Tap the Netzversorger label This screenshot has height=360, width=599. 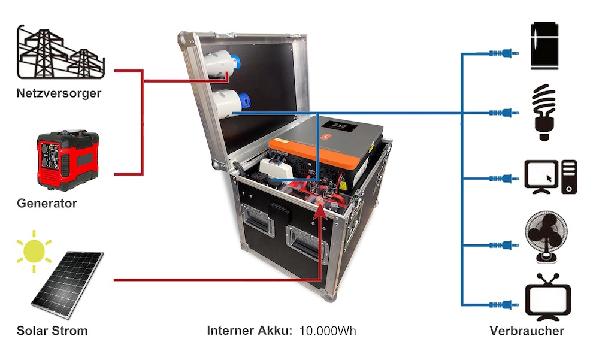pyautogui.click(x=59, y=93)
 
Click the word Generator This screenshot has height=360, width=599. pyautogui.click(x=47, y=203)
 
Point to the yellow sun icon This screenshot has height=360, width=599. pyautogui.click(x=33, y=247)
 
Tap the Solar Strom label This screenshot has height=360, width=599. pyautogui.click(x=52, y=331)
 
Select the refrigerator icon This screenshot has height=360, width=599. pyautogui.click(x=546, y=44)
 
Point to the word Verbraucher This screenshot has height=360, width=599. pyautogui.click(x=527, y=331)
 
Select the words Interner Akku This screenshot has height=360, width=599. pyautogui.click(x=249, y=331)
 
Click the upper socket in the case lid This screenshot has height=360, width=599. pyautogui.click(x=222, y=66)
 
